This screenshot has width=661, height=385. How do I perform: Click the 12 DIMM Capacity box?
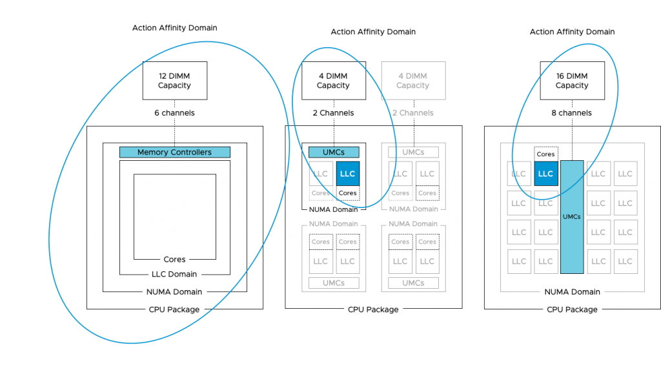174,81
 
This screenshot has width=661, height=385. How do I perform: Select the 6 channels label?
174,113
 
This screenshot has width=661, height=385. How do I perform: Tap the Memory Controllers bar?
174,152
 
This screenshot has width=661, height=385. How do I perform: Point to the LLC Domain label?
174,275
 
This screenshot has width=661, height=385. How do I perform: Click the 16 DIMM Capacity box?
572,81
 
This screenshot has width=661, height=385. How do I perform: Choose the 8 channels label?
572,113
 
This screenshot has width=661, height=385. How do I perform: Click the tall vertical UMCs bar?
572,216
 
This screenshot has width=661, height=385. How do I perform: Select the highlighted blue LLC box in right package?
545,174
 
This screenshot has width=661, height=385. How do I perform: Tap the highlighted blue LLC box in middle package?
347,174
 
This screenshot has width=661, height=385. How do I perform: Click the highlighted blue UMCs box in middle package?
333,152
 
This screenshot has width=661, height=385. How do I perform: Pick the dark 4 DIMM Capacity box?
333,81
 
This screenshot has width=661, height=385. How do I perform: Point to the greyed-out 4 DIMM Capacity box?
412,81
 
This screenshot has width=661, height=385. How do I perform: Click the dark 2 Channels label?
333,113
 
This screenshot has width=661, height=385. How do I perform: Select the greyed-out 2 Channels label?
412,113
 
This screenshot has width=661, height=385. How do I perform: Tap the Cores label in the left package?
174,260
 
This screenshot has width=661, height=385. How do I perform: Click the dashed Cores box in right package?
545,154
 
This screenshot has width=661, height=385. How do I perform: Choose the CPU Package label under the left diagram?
174,310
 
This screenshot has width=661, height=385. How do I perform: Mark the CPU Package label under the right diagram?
572,310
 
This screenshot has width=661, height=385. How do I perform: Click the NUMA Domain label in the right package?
572,292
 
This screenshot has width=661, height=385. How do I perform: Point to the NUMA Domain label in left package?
174,292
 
